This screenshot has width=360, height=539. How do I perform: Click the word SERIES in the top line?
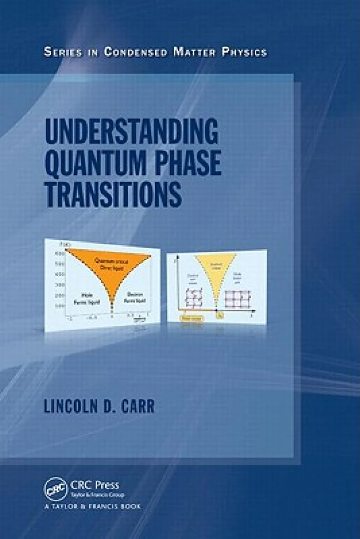click(x=63, y=52)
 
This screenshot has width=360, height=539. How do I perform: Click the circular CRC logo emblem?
click(x=54, y=488)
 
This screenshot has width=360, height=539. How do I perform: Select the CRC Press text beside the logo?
click(x=94, y=485)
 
